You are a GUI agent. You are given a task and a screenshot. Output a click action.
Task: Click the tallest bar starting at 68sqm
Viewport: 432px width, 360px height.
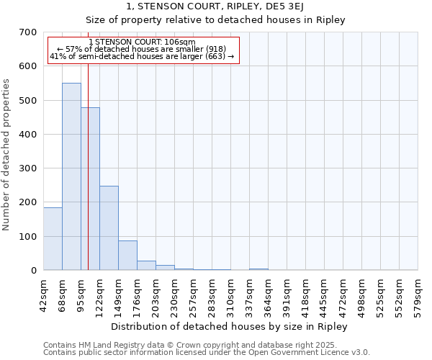tap(71, 176)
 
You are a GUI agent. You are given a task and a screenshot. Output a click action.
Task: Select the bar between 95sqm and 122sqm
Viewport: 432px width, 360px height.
tap(90, 189)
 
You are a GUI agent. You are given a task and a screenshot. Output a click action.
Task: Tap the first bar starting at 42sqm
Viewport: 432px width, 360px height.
tap(53, 238)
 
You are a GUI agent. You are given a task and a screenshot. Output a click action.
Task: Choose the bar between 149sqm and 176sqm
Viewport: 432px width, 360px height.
tap(127, 255)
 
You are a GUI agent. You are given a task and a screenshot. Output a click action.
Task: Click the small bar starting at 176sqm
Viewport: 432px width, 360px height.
tap(146, 265)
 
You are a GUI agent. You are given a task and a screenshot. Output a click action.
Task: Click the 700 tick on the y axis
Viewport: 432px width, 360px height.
tap(28, 32)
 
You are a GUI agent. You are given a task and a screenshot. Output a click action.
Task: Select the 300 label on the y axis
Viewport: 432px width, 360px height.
tap(28, 168)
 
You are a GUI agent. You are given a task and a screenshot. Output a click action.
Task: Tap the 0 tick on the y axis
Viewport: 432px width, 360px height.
tap(33, 271)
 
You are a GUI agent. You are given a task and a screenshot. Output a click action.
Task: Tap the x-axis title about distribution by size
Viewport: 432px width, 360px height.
tap(230, 326)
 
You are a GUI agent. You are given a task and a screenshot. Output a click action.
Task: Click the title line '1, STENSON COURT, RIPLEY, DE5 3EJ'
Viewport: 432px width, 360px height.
tap(215, 7)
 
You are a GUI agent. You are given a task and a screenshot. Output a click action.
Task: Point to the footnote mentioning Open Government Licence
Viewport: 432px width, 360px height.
tap(207, 353)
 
